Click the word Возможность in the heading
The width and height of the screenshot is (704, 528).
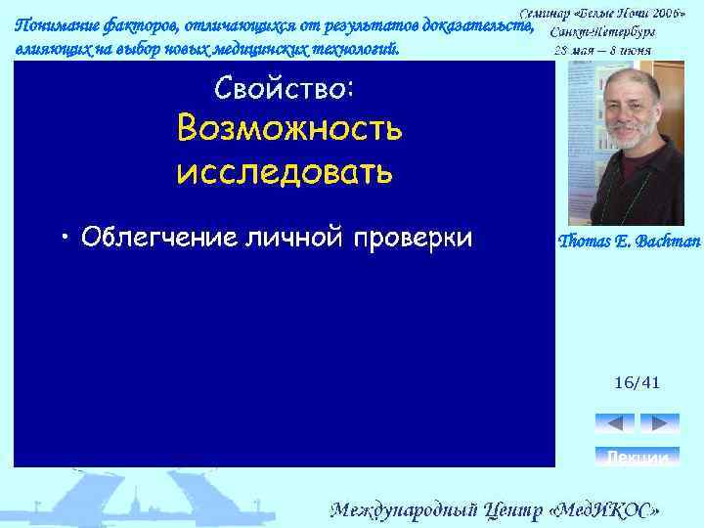288,129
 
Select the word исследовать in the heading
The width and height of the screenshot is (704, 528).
285,172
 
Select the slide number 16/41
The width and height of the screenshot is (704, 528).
637,382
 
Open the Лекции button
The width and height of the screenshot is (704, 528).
637,457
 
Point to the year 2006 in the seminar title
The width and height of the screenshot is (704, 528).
666,15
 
